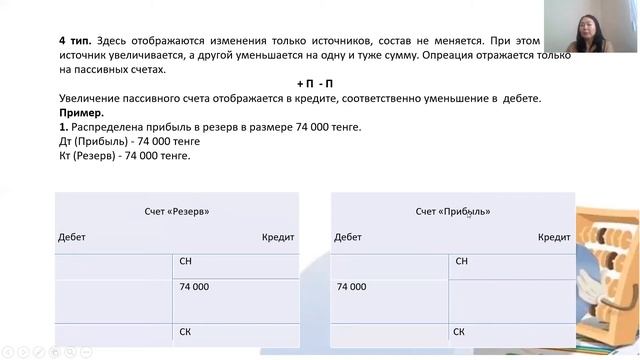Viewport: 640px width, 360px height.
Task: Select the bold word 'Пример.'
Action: [79, 113]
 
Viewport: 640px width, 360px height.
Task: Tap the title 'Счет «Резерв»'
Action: [177, 212]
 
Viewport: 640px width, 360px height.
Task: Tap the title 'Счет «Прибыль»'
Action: [453, 212]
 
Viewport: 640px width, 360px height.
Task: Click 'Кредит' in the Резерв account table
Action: [278, 237]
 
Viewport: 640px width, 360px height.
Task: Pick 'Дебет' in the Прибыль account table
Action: [348, 237]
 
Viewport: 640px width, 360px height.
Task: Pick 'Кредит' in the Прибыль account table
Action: [554, 237]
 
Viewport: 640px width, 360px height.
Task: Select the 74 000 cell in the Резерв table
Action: [194, 287]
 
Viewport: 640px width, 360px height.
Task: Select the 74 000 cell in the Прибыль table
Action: [351, 287]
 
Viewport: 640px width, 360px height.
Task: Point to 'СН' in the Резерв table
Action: [185, 261]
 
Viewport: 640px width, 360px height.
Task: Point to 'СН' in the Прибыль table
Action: [461, 261]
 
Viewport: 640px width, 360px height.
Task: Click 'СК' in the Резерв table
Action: [185, 331]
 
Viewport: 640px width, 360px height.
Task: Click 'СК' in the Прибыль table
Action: [459, 331]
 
